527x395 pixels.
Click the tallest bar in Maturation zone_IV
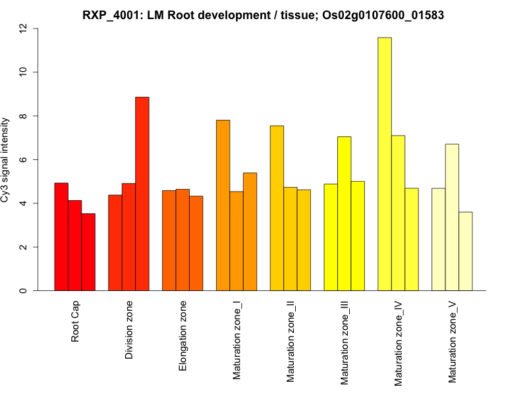(385, 164)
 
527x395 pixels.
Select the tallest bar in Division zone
(142, 194)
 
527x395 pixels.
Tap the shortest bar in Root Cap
(88, 252)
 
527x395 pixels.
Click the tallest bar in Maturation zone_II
(277, 208)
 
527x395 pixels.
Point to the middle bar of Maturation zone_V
(452, 217)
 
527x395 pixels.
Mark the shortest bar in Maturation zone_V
(466, 251)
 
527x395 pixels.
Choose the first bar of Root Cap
(61, 237)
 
